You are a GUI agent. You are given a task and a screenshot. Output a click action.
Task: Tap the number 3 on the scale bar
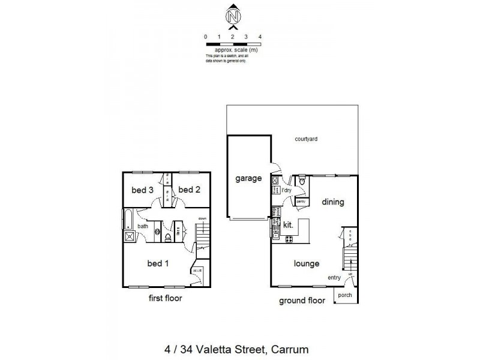[x=246, y=37]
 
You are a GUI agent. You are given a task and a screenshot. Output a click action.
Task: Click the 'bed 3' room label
[x=143, y=190]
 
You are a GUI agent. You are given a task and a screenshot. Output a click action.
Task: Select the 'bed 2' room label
[x=189, y=190]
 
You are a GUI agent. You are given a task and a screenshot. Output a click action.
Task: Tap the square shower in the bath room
[x=128, y=236]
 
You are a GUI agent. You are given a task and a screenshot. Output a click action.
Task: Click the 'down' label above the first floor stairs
[x=203, y=218]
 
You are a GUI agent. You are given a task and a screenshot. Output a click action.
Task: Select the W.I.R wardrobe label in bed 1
[x=196, y=271]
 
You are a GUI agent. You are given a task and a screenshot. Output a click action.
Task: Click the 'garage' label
[x=248, y=179]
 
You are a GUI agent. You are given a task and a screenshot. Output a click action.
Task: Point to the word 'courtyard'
[x=306, y=139]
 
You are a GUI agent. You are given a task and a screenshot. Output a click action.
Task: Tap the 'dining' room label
[x=332, y=202]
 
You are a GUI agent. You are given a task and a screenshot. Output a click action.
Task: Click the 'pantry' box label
[x=301, y=202]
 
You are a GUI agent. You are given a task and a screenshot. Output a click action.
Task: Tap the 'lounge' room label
[x=306, y=263]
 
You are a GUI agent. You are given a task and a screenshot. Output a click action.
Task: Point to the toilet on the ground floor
[x=301, y=181]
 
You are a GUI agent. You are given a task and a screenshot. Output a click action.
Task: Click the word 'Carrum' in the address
[x=291, y=348]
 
